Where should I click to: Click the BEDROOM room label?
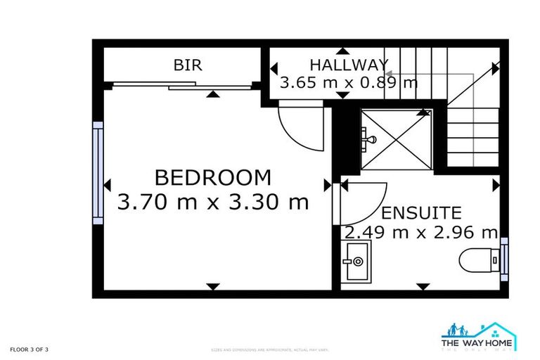[x=212, y=176]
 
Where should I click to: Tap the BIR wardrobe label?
[x=188, y=65]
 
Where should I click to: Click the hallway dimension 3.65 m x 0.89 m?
[x=348, y=82]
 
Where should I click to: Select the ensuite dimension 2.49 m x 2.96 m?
[x=420, y=232]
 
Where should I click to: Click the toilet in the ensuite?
[x=478, y=260]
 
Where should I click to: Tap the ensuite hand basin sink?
[x=356, y=262]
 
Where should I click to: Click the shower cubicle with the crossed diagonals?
[x=395, y=139]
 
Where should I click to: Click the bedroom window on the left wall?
[x=98, y=172]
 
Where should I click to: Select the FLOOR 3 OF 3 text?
[x=30, y=349]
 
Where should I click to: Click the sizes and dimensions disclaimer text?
[x=270, y=349]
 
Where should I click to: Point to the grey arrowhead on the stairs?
[x=387, y=72]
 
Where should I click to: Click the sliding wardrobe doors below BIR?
[x=182, y=86]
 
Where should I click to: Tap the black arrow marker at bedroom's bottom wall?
[x=212, y=286]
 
